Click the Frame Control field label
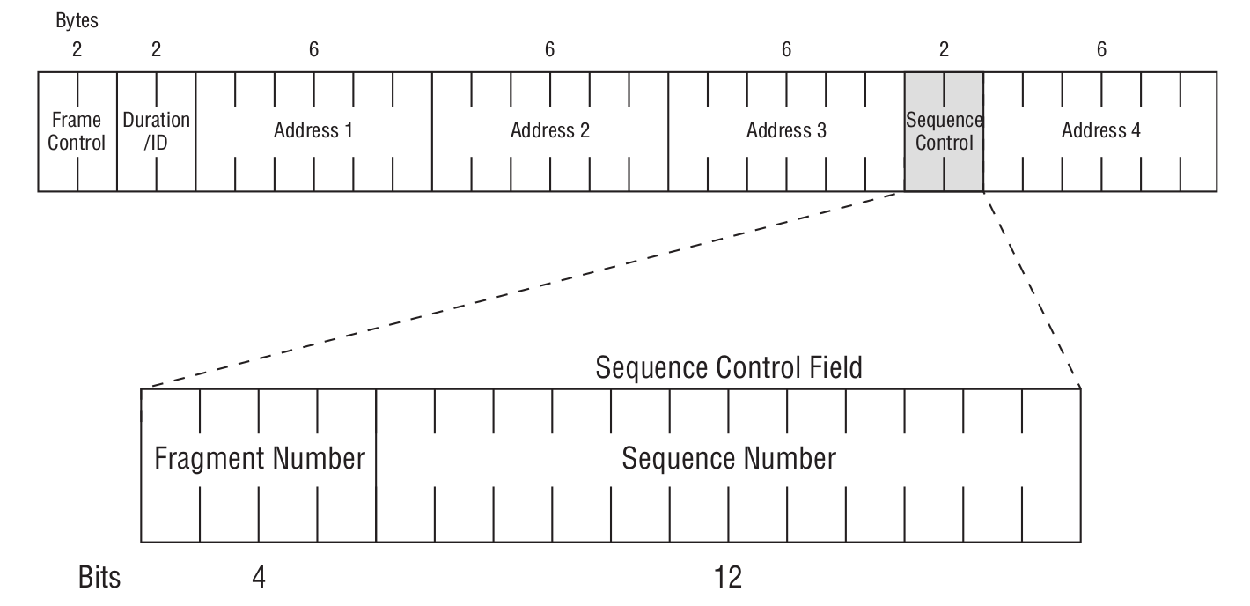(77, 130)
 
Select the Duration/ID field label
(156, 130)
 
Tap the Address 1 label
(313, 131)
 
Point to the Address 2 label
(549, 131)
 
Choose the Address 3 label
(786, 131)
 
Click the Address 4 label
(1100, 131)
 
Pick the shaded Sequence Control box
(944, 131)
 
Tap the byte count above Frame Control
(77, 50)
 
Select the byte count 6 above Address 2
(549, 50)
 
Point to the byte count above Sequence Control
(944, 50)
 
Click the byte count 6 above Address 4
(1100, 50)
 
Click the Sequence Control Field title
(729, 367)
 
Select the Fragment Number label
(259, 459)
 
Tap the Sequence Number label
(729, 459)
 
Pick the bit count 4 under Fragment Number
(259, 578)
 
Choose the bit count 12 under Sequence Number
(729, 578)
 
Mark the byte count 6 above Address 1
(313, 50)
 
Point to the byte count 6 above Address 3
(786, 50)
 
